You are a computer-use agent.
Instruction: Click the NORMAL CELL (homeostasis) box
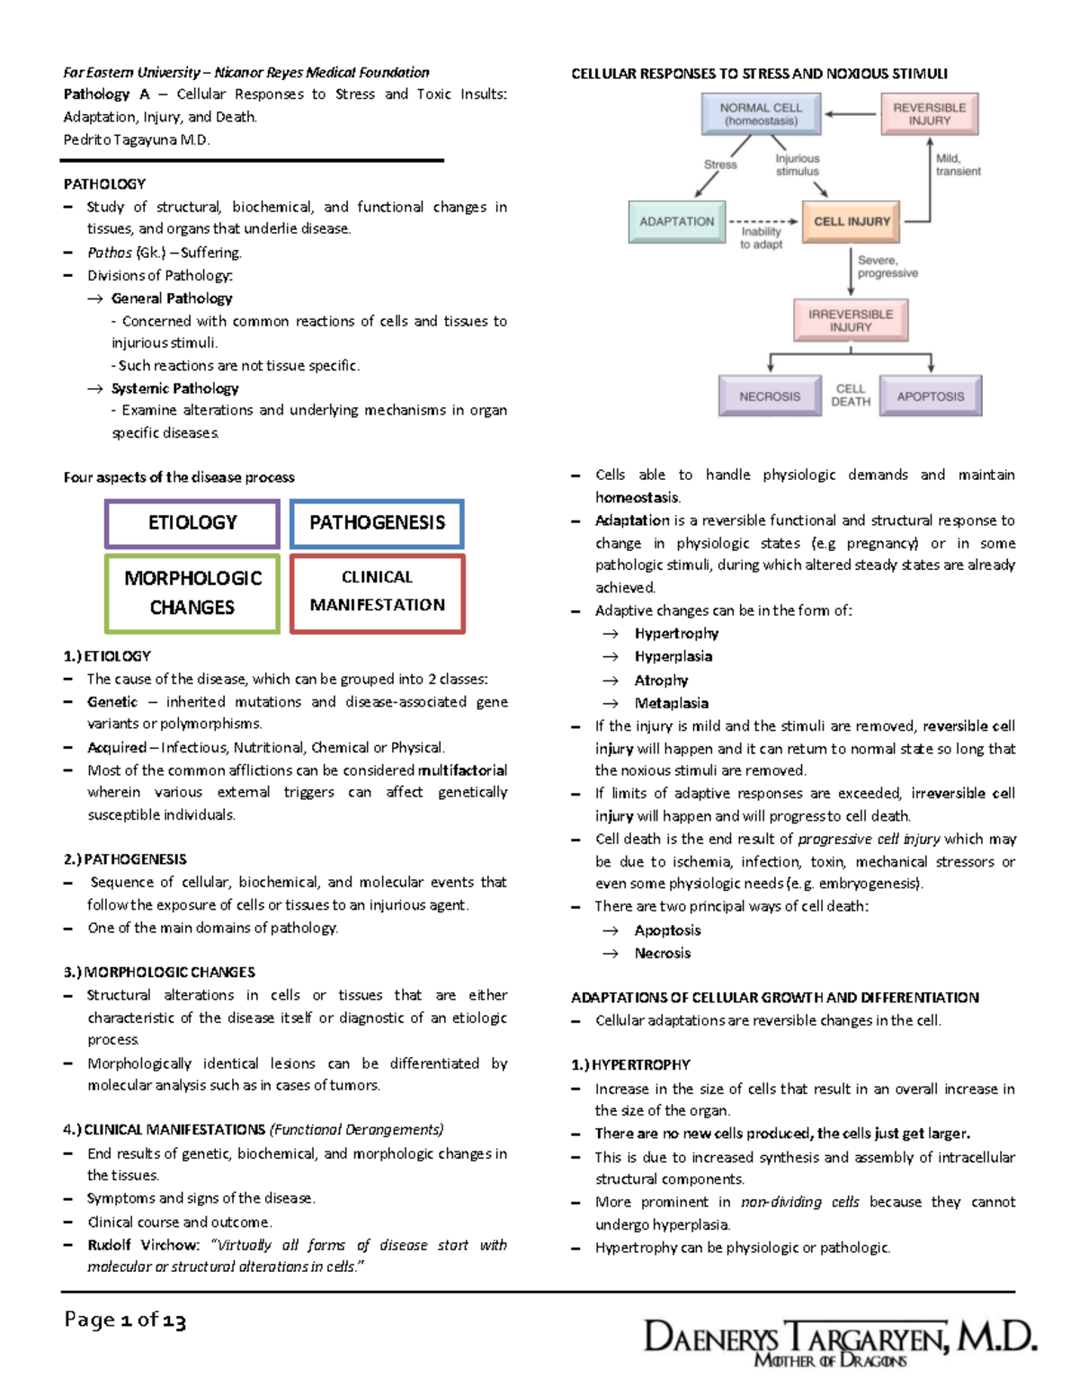click(761, 114)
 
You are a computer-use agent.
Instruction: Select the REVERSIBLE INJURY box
click(929, 114)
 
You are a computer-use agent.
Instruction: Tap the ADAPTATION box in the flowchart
click(676, 221)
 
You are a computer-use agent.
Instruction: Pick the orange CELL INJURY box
click(852, 221)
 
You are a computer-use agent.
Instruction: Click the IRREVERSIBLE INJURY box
click(851, 321)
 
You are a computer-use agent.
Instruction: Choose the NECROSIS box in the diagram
click(770, 396)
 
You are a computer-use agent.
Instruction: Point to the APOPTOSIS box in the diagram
click(930, 396)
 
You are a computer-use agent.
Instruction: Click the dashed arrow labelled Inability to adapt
click(762, 221)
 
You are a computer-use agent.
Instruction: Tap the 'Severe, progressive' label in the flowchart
click(887, 267)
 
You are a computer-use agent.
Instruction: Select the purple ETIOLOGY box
click(192, 523)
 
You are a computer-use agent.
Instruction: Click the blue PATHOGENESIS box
click(377, 523)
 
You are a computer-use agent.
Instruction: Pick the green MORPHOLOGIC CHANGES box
click(192, 592)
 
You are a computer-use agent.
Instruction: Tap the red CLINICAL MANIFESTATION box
click(377, 591)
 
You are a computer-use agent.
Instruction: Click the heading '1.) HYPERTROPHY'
click(631, 1065)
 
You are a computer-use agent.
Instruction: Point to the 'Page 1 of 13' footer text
click(125, 1320)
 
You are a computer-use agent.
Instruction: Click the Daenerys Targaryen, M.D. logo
click(840, 1341)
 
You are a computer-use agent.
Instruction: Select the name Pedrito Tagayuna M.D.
click(137, 139)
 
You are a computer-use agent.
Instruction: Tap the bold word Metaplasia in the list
click(671, 703)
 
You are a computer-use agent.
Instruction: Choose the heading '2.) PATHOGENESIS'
click(126, 859)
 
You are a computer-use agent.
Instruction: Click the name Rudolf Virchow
click(143, 1245)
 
